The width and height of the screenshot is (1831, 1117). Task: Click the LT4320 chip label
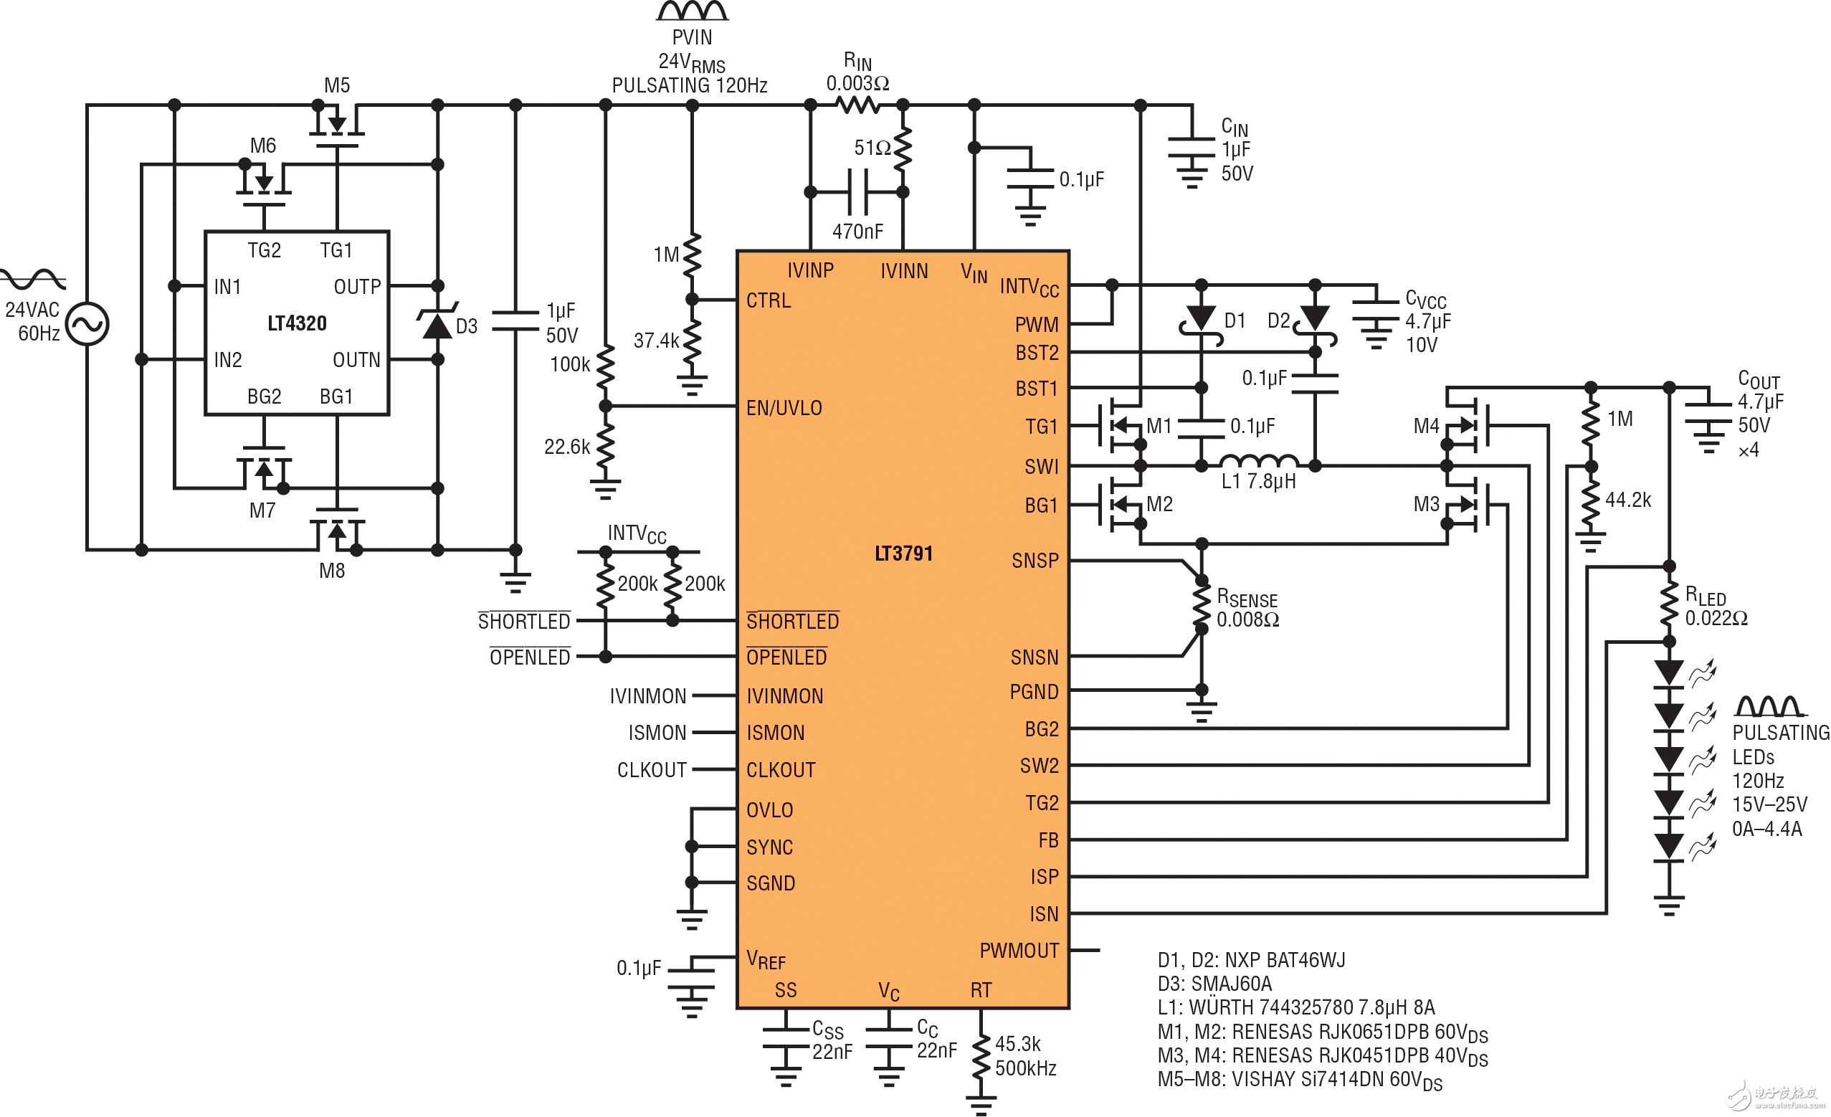coord(297,323)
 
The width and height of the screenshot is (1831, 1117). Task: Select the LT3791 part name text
coord(903,553)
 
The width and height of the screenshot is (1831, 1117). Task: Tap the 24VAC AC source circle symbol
coord(87,324)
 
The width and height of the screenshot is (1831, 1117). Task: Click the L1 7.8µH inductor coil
coord(1259,461)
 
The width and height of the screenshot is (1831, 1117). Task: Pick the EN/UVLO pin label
coord(784,408)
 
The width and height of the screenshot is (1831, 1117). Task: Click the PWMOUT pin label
coord(1019,951)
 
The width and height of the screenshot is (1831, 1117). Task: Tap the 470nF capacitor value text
coord(857,232)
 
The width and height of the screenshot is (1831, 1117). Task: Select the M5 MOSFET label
coord(337,85)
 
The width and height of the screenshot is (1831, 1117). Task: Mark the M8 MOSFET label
coord(331,571)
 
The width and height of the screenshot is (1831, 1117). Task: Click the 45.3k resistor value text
coord(1017,1044)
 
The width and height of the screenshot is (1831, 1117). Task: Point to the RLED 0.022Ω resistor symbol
coord(1669,604)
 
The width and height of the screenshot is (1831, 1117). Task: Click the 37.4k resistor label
coord(656,341)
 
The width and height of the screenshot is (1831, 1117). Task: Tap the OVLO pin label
coord(769,810)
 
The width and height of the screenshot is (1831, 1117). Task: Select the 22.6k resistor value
coord(567,447)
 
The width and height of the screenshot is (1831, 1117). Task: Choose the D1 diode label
coord(1235,320)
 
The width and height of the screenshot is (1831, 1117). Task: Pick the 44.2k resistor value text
coord(1627,500)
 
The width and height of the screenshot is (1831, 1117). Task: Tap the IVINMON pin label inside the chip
coord(785,696)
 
